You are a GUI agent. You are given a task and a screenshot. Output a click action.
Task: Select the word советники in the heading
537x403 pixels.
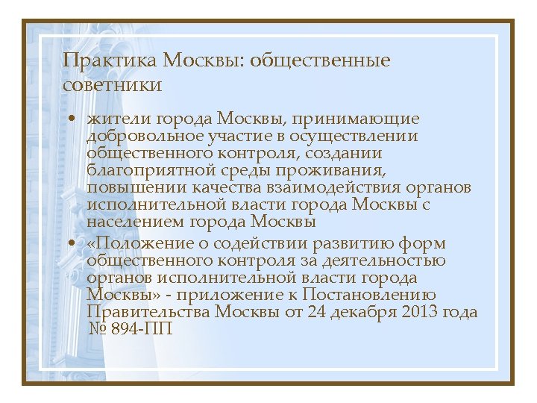[x=113, y=85]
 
